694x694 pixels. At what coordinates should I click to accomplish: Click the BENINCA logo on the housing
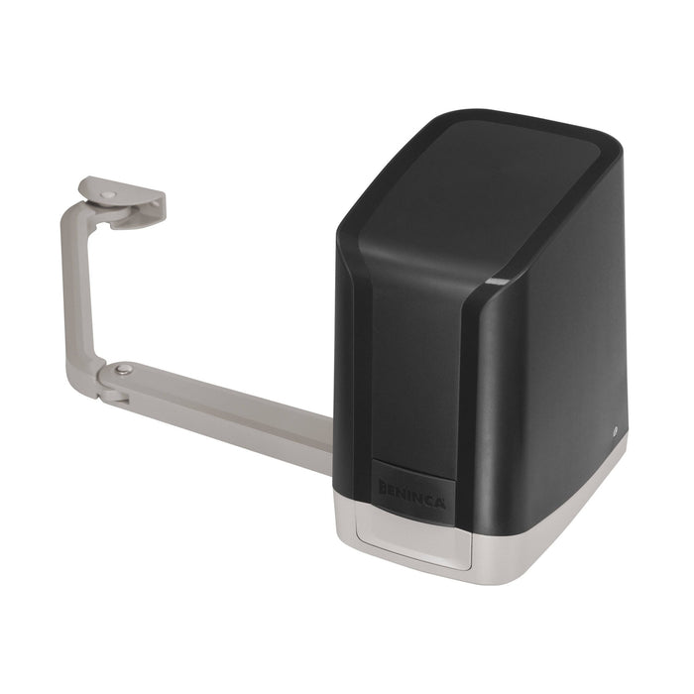(411, 491)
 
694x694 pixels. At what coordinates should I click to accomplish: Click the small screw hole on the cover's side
(616, 431)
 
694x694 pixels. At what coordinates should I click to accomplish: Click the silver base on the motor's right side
(555, 535)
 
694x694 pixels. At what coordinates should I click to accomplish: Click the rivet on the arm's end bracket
(109, 195)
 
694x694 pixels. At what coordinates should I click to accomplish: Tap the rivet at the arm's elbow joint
(123, 370)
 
